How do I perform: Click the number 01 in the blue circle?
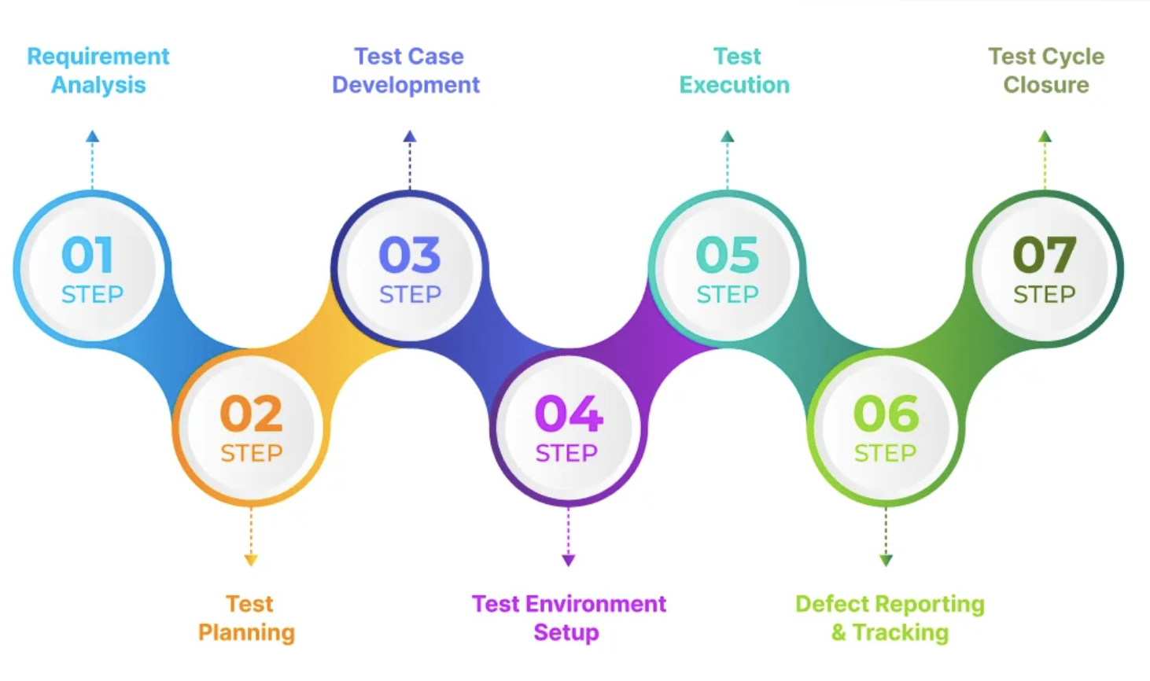87,256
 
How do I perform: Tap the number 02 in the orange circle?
251,414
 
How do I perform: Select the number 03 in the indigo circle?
410,256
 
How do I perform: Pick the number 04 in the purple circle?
569,414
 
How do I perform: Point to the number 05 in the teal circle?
728,256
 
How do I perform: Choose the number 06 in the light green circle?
886,414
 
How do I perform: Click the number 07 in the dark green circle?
1045,256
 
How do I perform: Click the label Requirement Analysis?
98,71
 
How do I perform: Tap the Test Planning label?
247,618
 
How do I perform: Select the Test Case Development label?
407,71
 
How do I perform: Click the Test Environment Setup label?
569,618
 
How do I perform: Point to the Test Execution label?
735,71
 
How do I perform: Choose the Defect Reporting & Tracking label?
890,618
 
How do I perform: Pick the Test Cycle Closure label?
1046,71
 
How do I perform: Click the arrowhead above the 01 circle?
93,137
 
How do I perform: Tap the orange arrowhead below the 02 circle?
251,560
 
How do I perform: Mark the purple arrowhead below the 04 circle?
569,560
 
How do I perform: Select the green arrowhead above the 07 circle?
1045,137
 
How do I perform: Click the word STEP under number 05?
728,295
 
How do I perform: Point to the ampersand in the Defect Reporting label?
839,633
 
